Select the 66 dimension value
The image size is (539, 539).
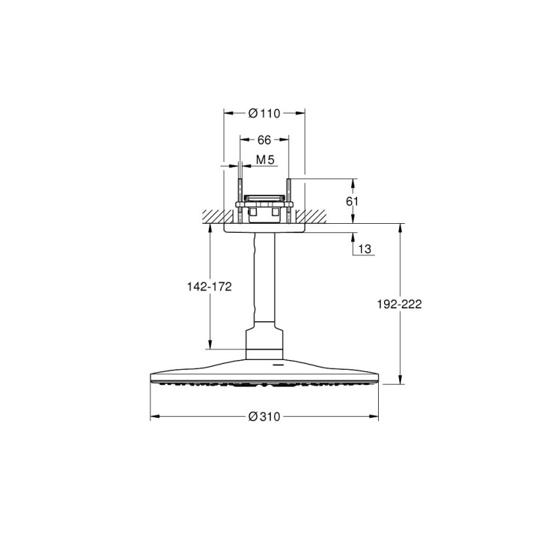click(264, 140)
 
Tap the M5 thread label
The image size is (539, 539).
click(264, 159)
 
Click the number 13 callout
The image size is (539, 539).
click(365, 249)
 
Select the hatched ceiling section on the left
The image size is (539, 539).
click(213, 216)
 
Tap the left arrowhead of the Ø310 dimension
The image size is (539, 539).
click(154, 416)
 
